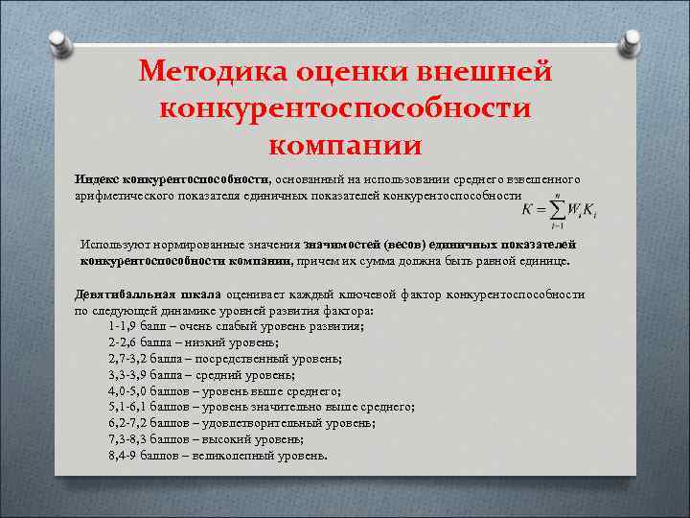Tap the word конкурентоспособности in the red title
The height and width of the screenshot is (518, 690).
(x=345, y=108)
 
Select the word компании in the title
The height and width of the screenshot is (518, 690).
(x=344, y=146)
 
